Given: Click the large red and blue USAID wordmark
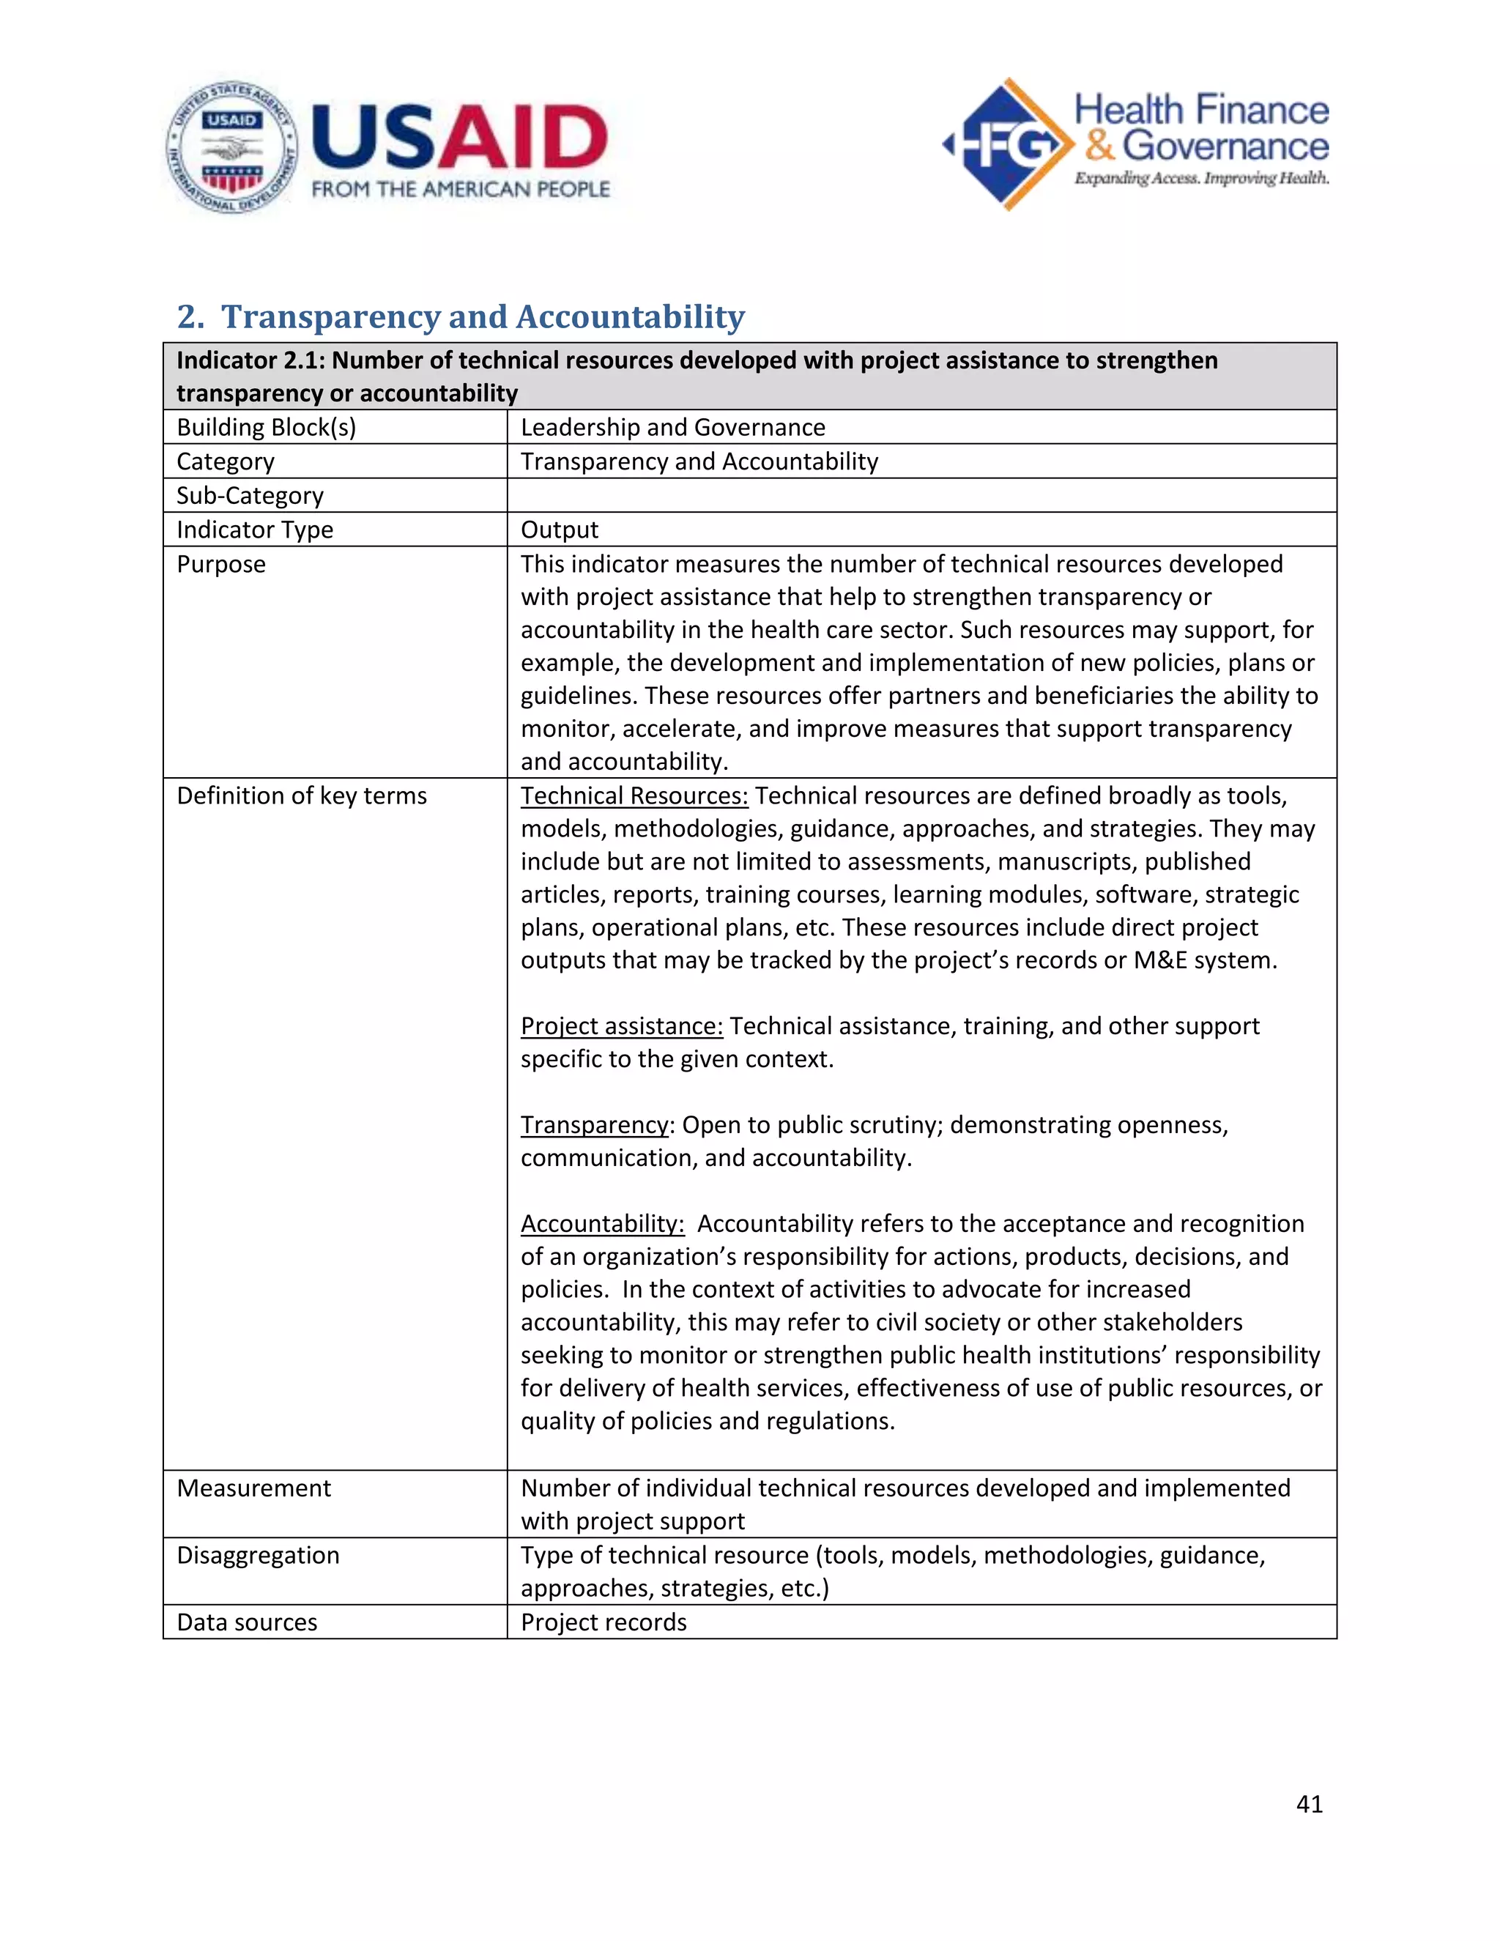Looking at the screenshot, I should tap(460, 137).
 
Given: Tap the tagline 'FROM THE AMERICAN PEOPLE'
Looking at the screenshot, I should tap(460, 189).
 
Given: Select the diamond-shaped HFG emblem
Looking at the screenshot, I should tap(1008, 144).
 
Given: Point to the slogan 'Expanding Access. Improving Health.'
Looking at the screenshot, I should tap(1201, 179).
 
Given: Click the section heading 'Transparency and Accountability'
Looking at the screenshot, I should tap(483, 316).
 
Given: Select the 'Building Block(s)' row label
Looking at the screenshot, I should tap(266, 428).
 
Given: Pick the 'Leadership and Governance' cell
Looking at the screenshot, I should tap(672, 428).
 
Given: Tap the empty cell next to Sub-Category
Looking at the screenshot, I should tap(921, 495).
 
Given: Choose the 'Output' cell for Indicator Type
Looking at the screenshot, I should tap(559, 530).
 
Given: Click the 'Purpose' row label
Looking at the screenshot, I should tap(220, 564).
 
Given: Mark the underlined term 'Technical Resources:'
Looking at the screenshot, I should tap(634, 795).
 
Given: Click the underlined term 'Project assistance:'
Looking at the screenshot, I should tap(621, 1025).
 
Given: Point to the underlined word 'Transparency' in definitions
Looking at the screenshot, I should tap(593, 1124).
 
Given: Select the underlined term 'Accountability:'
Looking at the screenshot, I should tap(603, 1224).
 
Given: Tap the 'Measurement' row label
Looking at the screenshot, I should tap(253, 1488).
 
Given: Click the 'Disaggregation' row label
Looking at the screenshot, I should tap(258, 1555).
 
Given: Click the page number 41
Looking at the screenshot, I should tap(1309, 1803).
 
